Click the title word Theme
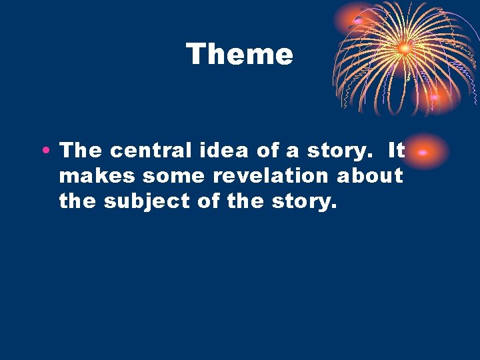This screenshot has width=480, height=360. click(239, 54)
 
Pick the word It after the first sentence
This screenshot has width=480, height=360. click(396, 151)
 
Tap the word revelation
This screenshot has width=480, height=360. click(273, 176)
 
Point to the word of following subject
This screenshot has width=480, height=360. click(209, 201)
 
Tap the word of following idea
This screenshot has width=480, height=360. click(267, 151)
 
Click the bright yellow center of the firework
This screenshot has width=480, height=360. click(404, 47)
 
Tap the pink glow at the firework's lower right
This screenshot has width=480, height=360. click(435, 98)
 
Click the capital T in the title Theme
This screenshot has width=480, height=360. click(196, 53)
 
